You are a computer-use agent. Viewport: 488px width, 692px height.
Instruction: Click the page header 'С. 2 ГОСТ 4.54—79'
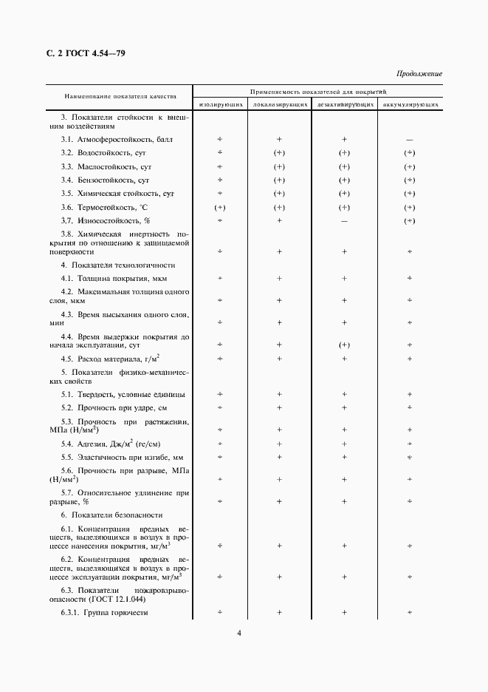pos(86,52)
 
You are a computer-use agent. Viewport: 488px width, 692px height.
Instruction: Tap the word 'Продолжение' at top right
pos(419,74)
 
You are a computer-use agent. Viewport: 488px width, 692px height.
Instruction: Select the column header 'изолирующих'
pos(219,105)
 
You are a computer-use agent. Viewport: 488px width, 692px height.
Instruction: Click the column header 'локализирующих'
pos(280,105)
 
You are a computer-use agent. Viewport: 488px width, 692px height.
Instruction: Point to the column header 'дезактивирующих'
pos(344,105)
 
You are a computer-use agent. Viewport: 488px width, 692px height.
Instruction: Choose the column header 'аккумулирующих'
pos(410,105)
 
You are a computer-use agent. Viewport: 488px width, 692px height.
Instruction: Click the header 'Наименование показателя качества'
pos(120,96)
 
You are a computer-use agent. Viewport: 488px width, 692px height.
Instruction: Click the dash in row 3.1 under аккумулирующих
pos(410,140)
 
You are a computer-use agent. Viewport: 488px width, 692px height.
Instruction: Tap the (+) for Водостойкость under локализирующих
pos(280,153)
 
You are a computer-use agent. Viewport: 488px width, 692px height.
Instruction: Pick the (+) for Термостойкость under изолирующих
pos(219,208)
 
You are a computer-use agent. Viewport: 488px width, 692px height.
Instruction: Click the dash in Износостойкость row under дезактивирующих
pos(344,221)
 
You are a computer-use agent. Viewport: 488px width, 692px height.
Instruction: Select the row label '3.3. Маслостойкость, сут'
pos(106,167)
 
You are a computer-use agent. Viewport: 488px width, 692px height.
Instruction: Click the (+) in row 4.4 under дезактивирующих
pos(344,345)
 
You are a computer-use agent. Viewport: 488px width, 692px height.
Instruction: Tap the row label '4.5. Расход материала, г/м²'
pos(111,359)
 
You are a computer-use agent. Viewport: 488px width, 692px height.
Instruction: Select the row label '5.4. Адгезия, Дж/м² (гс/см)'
pos(111,444)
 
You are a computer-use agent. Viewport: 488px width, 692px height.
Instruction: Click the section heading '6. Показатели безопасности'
pos(111,515)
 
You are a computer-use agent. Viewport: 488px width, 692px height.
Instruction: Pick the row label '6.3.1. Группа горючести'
pos(105,613)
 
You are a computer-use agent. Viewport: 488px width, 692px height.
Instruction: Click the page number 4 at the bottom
pos(239,633)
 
